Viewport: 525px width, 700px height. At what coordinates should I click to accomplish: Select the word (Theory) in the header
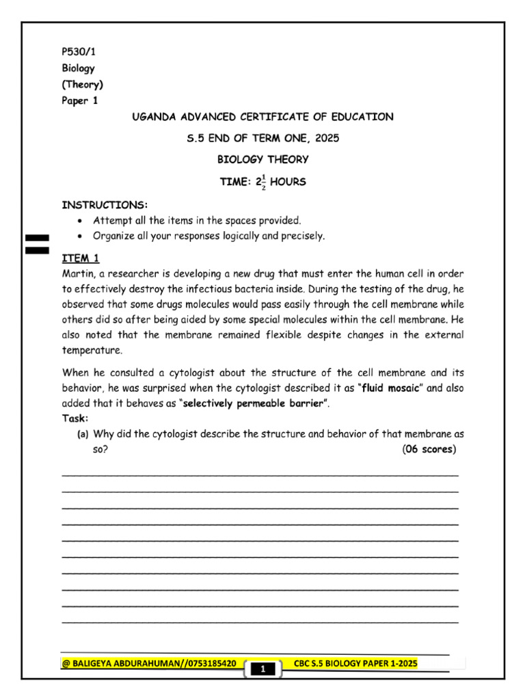[83, 85]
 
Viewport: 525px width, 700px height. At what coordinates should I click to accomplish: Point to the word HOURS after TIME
[288, 183]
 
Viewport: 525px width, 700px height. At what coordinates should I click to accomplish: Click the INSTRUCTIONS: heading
[105, 205]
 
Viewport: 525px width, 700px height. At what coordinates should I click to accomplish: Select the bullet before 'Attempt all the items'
[81, 221]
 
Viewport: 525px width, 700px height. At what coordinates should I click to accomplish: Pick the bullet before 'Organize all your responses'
[81, 237]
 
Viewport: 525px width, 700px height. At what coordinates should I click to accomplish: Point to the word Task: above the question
[75, 418]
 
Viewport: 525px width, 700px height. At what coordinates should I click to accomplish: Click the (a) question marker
[83, 434]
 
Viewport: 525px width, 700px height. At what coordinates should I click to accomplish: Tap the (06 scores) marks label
[429, 449]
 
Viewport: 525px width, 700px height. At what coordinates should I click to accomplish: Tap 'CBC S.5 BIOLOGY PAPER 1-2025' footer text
[355, 663]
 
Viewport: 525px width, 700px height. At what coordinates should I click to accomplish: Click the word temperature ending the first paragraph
[92, 350]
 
